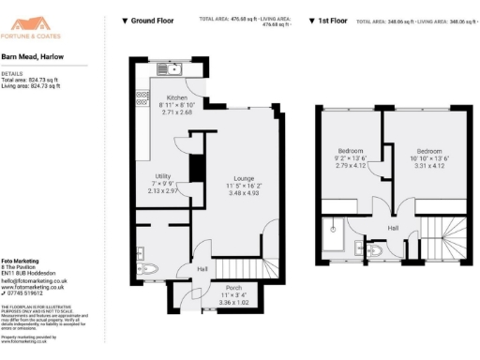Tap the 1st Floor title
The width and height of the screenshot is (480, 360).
(x=328, y=20)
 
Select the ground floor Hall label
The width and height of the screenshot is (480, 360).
(x=202, y=269)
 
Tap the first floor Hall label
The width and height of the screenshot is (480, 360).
(x=395, y=228)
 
